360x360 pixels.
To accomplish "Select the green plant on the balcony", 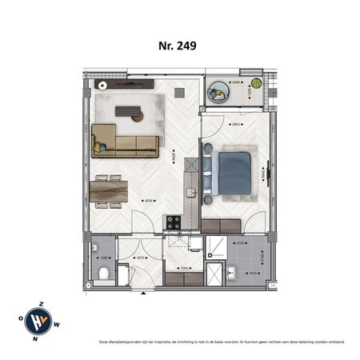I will [256, 82].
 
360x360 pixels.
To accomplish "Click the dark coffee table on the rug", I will [128, 112].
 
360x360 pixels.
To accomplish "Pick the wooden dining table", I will [109, 191].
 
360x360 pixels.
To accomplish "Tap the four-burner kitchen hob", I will [172, 222].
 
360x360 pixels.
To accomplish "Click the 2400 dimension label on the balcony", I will [236, 82].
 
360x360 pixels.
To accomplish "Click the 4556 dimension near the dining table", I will [149, 202].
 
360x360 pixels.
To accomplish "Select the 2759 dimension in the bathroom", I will [240, 243].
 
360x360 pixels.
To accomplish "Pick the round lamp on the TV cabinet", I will [102, 84].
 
